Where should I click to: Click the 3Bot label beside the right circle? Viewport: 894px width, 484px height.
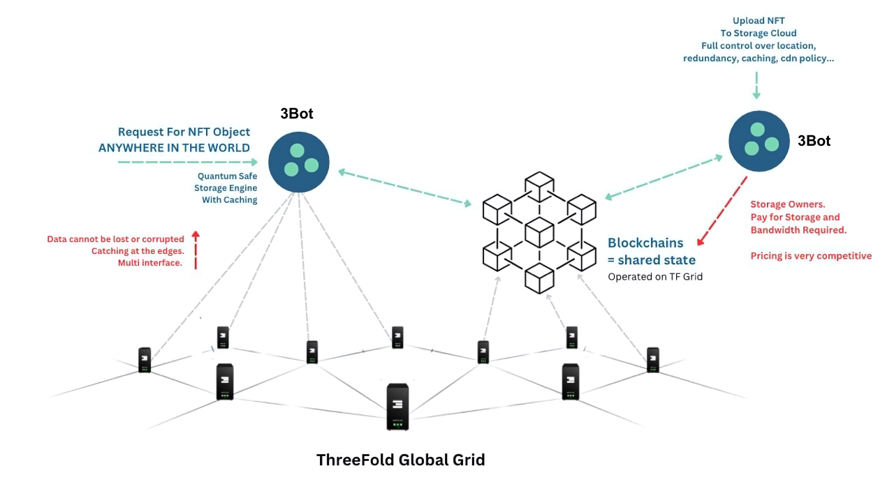coord(814,141)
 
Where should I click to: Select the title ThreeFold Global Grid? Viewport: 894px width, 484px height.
coord(400,460)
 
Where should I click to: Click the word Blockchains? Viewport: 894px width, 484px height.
coord(645,243)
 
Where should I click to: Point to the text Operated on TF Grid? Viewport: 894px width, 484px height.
coord(654,277)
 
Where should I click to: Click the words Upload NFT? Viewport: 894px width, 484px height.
coord(758,21)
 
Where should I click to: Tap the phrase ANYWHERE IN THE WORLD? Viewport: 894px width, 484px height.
coord(174,148)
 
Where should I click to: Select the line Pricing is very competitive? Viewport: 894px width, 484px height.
coord(811,256)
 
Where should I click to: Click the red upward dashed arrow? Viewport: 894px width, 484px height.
coord(196,250)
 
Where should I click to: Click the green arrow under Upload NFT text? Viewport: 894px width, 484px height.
coord(756,87)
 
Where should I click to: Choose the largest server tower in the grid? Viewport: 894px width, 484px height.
coord(397,407)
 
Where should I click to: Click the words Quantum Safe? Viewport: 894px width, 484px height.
coord(227,176)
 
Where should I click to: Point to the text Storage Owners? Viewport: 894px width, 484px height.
coord(787,204)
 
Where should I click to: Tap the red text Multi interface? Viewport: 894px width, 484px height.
coord(150,263)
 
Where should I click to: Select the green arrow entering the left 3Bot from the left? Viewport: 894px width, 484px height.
coord(187,162)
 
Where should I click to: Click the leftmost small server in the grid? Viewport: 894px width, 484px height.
coord(145,360)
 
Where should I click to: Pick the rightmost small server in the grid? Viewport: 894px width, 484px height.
coord(653,360)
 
